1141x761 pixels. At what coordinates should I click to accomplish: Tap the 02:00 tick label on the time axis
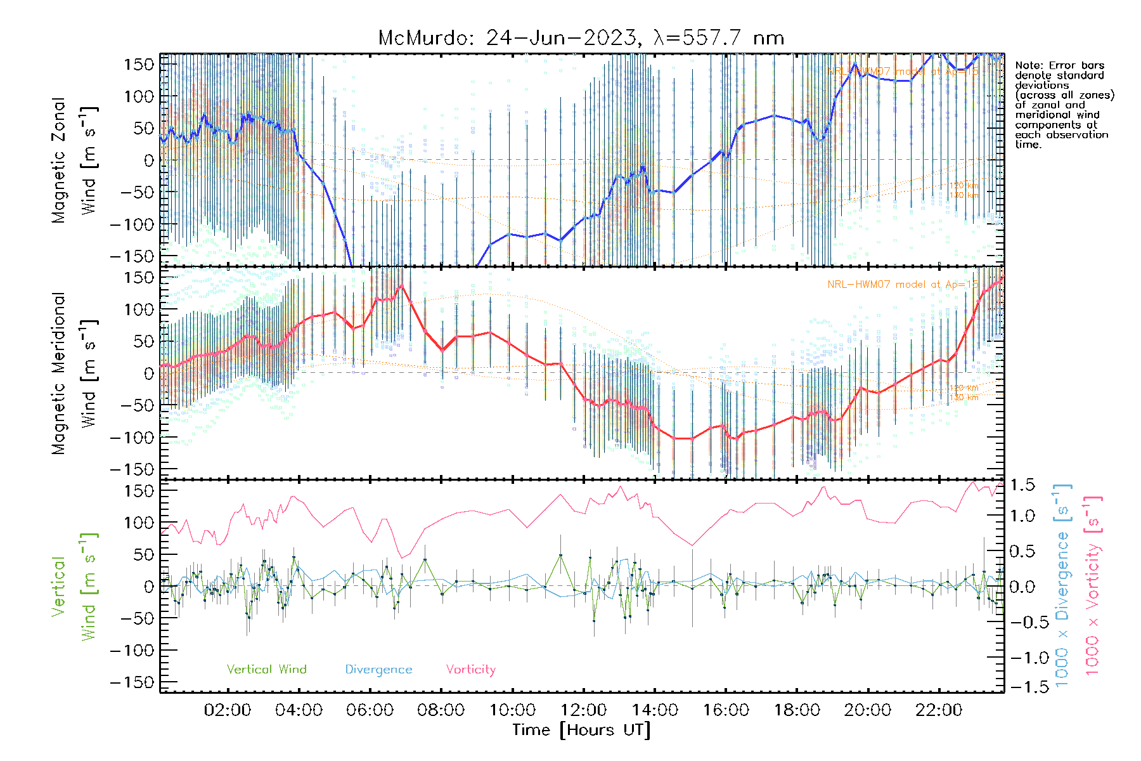tap(228, 710)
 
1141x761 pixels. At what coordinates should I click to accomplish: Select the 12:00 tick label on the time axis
tap(583, 710)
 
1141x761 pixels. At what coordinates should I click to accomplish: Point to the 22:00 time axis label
tap(939, 710)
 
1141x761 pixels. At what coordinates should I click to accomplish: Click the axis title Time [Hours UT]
tap(581, 730)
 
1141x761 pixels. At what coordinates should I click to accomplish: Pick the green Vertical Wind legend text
tap(266, 670)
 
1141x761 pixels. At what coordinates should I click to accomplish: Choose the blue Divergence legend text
tap(378, 670)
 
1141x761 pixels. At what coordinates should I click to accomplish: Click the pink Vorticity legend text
tap(470, 670)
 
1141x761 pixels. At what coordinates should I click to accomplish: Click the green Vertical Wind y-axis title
tap(75, 587)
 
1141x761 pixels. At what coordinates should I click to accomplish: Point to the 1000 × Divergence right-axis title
tap(1062, 585)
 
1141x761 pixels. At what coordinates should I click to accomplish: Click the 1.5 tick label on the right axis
tap(1022, 485)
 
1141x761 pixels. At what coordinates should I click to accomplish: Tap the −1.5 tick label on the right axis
tap(1022, 687)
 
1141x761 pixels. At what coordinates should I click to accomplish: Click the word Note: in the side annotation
tap(1030, 65)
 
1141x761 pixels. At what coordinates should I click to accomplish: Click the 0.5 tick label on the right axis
tap(1022, 551)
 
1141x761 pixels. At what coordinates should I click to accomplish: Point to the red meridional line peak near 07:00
tap(402, 286)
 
